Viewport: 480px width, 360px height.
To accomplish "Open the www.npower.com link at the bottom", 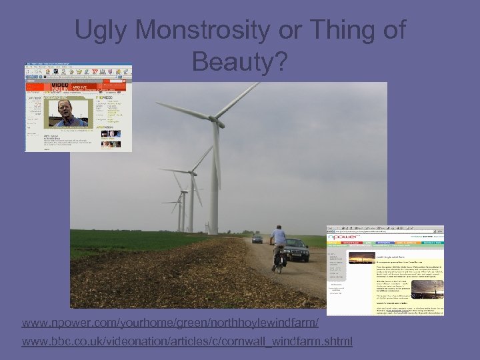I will pyautogui.click(x=170, y=323).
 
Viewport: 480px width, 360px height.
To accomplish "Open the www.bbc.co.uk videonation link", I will pyautogui.click(x=187, y=342).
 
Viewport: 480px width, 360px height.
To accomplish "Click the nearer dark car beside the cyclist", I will pyautogui.click(x=297, y=250).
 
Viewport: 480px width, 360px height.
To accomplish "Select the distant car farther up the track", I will pyautogui.click(x=257, y=239).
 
